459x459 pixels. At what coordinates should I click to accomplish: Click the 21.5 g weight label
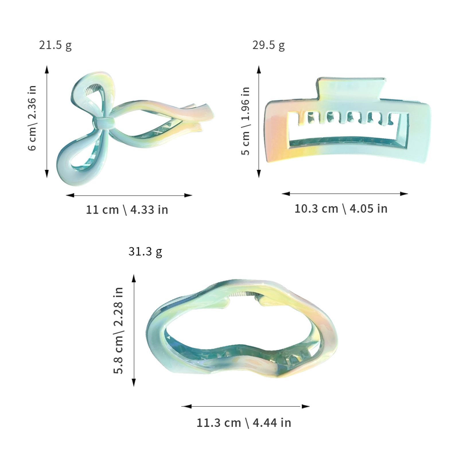pos(55,46)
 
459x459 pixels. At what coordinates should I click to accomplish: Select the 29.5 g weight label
pos(269,46)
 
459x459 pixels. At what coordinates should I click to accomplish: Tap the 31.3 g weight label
pos(145,252)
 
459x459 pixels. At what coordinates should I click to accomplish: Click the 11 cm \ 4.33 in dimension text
pos(127,210)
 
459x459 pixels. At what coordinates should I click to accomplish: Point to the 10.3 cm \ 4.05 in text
pos(341,209)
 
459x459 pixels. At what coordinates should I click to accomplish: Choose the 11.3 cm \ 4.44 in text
pos(244,423)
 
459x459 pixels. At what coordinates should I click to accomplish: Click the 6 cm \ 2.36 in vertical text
pos(32,118)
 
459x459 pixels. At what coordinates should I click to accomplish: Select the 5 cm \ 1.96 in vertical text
pos(245,121)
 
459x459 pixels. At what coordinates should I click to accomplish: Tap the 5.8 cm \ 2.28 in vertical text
pos(118,330)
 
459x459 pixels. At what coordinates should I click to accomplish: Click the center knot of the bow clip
pos(105,122)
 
